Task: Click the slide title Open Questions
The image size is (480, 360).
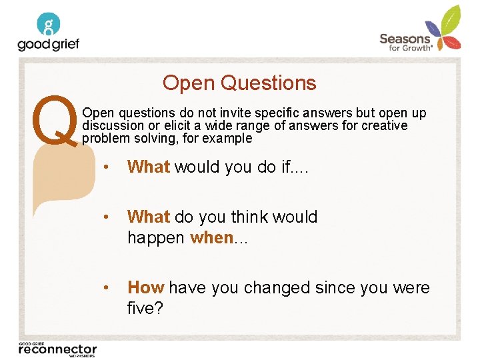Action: pyautogui.click(x=239, y=83)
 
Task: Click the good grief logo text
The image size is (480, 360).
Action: pyautogui.click(x=48, y=44)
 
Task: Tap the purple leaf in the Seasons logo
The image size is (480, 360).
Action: pyautogui.click(x=434, y=30)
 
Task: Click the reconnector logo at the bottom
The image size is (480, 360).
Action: pyautogui.click(x=57, y=349)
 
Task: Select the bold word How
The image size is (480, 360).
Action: pyautogui.click(x=145, y=287)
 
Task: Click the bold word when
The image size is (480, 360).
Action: pyautogui.click(x=211, y=237)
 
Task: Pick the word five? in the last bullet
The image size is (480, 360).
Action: pyautogui.click(x=145, y=308)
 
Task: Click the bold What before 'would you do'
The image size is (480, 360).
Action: pyautogui.click(x=148, y=167)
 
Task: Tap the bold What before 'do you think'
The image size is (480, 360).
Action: pyautogui.click(x=148, y=217)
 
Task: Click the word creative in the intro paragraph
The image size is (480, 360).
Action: pyautogui.click(x=383, y=126)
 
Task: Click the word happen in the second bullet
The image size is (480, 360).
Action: pyautogui.click(x=156, y=237)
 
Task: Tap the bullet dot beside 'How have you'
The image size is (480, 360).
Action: pyautogui.click(x=107, y=287)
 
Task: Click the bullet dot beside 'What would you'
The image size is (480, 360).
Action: pyautogui.click(x=107, y=167)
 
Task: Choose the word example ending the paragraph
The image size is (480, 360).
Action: pyautogui.click(x=228, y=139)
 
